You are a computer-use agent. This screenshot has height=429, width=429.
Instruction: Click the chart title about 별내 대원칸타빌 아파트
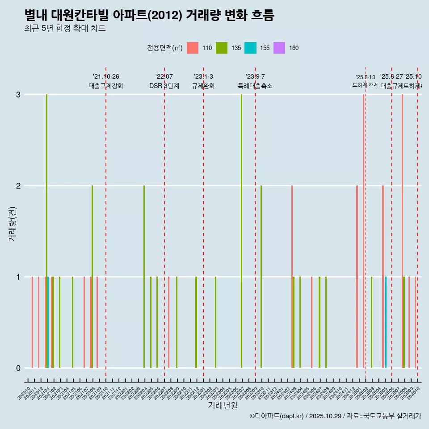tap(149, 15)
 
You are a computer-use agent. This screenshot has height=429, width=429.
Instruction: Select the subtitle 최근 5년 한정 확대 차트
tap(65, 29)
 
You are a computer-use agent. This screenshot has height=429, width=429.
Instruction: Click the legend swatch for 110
tap(192, 48)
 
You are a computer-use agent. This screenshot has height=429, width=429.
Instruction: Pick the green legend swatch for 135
tap(221, 48)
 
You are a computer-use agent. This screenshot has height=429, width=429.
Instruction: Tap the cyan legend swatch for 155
tap(250, 48)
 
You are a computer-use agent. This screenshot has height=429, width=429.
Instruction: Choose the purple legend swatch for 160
tap(279, 48)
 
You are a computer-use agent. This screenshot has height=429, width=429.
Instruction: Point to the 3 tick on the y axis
tap(18, 95)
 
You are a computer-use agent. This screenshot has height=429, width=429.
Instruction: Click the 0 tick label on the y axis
tap(18, 368)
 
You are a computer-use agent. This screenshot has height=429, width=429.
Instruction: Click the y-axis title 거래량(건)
tap(13, 224)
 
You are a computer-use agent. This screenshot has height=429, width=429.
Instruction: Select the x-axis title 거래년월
tap(223, 405)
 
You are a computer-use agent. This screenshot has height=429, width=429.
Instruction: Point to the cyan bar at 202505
tap(386, 322)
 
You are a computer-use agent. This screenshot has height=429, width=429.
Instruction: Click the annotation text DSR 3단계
tap(164, 86)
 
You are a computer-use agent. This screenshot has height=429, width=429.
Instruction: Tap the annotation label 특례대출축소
tap(255, 86)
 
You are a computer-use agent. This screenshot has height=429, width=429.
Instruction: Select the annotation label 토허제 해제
tap(366, 85)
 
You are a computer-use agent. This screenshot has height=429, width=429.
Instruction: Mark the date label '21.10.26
tap(106, 77)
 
